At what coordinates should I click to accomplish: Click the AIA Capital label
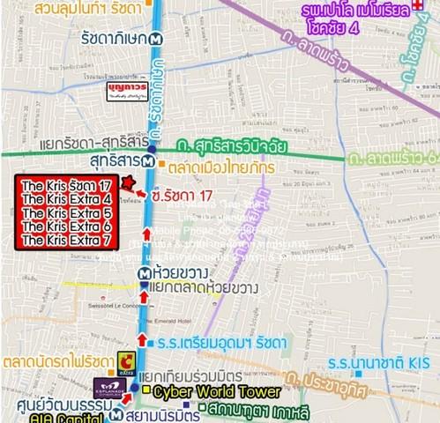point(37,416)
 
